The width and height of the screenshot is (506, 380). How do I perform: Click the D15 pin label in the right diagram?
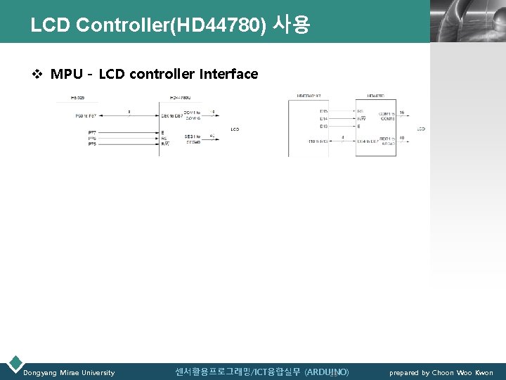[x=323, y=111]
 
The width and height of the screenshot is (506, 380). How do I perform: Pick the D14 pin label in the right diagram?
[x=323, y=119]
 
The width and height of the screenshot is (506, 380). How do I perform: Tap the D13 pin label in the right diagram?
[x=323, y=127]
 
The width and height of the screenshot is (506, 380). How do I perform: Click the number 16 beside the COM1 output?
[x=401, y=113]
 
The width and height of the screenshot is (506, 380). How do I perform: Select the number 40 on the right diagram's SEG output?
[x=401, y=138]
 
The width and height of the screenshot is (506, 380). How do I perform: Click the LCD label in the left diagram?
[x=235, y=129]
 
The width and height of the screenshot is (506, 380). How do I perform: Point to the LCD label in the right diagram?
[x=421, y=129]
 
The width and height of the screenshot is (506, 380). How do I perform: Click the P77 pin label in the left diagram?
[x=92, y=132]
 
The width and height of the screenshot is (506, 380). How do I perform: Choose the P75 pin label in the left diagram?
[x=92, y=144]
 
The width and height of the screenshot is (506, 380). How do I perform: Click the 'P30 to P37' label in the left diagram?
[x=86, y=115]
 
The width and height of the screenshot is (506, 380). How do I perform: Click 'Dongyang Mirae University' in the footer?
[x=69, y=373]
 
